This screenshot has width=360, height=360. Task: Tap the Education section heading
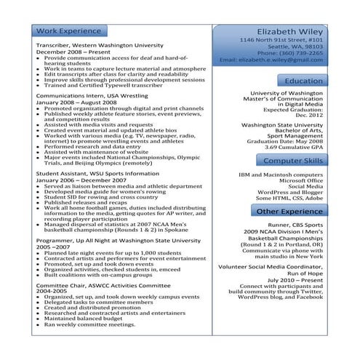pos(304,81)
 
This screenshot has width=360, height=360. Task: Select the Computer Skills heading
pos(293,160)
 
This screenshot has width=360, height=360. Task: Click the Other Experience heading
pos(289,211)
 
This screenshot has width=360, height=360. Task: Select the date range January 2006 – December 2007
pos(79,180)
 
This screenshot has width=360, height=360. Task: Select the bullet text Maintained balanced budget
pos(81,318)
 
